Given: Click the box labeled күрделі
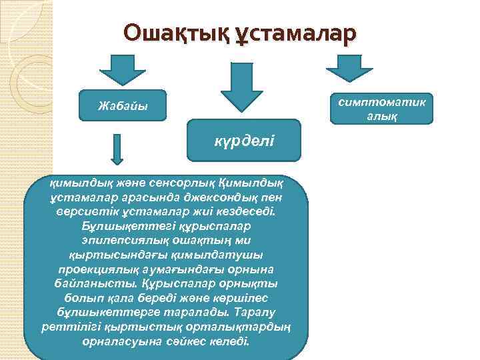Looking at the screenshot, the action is tap(244, 141).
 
